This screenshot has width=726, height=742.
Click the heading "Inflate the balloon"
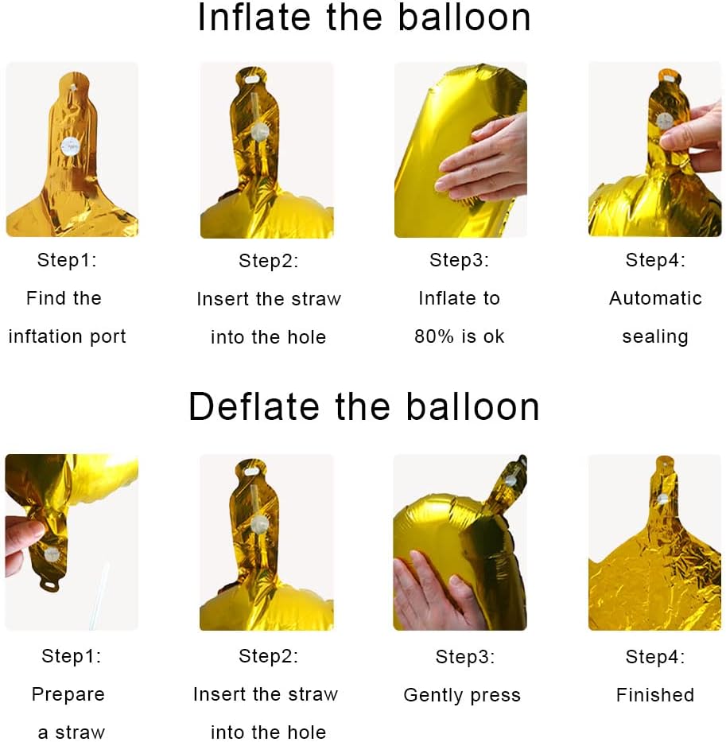(363, 17)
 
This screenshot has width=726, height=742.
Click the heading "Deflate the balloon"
(364, 406)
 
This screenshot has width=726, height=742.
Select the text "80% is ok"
(459, 336)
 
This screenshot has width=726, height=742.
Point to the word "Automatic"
(655, 298)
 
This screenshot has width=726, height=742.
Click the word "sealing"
(655, 337)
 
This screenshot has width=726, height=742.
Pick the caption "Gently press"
(462, 695)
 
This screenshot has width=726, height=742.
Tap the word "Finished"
(655, 694)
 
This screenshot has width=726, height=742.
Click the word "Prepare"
(68, 694)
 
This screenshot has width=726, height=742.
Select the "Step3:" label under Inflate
(459, 260)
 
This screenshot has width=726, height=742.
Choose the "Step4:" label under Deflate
(655, 656)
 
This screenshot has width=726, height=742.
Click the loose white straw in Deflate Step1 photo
(99, 596)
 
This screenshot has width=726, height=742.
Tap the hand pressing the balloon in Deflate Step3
(436, 592)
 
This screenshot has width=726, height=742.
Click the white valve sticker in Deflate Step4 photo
(662, 499)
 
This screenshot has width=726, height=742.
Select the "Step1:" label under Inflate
(67, 260)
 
